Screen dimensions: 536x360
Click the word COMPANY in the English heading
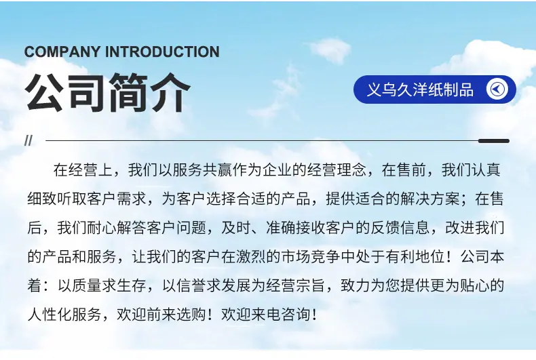click(62, 52)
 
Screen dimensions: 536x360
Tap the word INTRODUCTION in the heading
click(162, 52)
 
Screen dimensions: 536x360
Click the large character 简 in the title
click(128, 93)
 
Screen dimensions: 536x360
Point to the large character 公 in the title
click(44, 93)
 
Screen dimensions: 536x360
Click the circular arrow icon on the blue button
click(497, 89)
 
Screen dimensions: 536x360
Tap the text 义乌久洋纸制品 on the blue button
click(420, 89)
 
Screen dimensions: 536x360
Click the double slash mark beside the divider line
click(28, 140)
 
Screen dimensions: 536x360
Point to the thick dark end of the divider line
click(494, 141)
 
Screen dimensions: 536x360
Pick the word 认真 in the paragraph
click(486, 170)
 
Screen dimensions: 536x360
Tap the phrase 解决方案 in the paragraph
click(430, 199)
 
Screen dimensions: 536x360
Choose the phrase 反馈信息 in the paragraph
click(400, 228)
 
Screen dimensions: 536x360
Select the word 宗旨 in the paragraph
click(310, 285)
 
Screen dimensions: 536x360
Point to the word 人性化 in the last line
click(50, 314)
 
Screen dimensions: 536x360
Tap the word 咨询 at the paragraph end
click(296, 314)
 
